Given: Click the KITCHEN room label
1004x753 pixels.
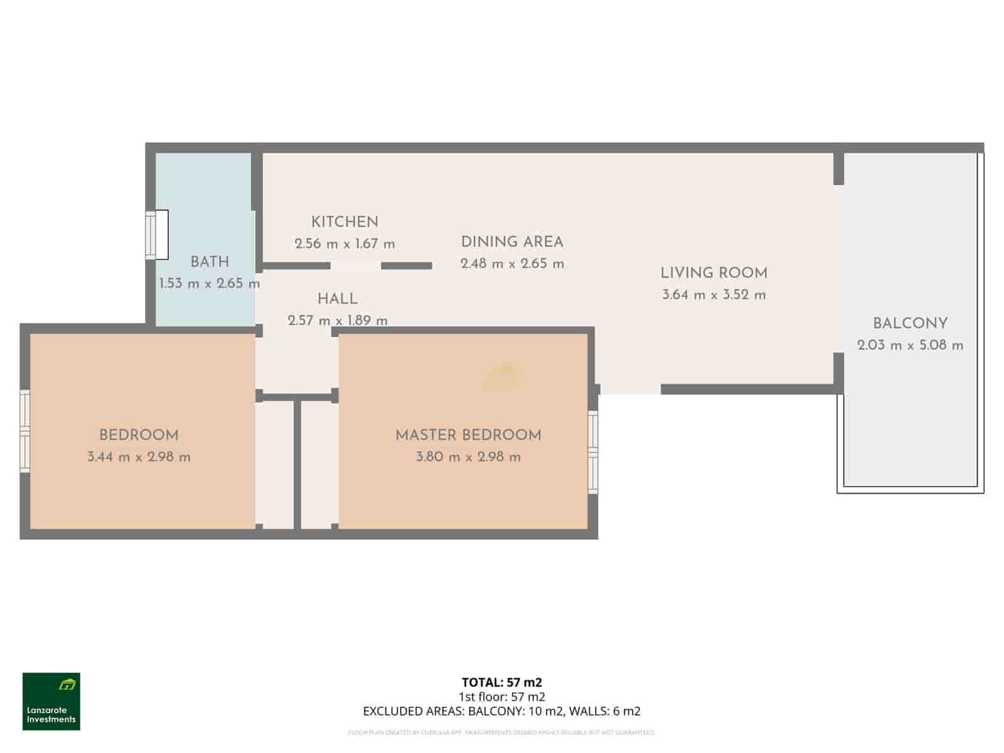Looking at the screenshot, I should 344,222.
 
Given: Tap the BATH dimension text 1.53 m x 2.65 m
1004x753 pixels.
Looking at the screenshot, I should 209,283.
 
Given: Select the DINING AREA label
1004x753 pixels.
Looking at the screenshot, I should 512,242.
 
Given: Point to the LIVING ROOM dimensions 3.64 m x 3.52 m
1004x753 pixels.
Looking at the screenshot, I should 713,295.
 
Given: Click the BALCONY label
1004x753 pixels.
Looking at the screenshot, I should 910,324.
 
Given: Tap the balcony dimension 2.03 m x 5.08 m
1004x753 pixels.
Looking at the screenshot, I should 910,345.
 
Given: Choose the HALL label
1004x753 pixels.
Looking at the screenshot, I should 337,299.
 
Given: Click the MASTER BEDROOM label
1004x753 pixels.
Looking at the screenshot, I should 468,435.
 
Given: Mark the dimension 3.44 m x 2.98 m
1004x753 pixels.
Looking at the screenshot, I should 139,457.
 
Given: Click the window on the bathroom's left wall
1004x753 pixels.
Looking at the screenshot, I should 157,235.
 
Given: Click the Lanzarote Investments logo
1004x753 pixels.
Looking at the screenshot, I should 51,702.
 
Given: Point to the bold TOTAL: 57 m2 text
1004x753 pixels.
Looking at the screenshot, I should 501,682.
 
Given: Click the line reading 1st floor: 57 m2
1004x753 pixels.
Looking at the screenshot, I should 501,697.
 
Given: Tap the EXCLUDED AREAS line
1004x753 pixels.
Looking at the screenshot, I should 501,712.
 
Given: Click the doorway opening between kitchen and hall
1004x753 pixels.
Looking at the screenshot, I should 355,266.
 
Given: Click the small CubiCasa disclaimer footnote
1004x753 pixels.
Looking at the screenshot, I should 501,732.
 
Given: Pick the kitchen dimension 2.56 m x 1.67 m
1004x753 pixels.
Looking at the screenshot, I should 344,244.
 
